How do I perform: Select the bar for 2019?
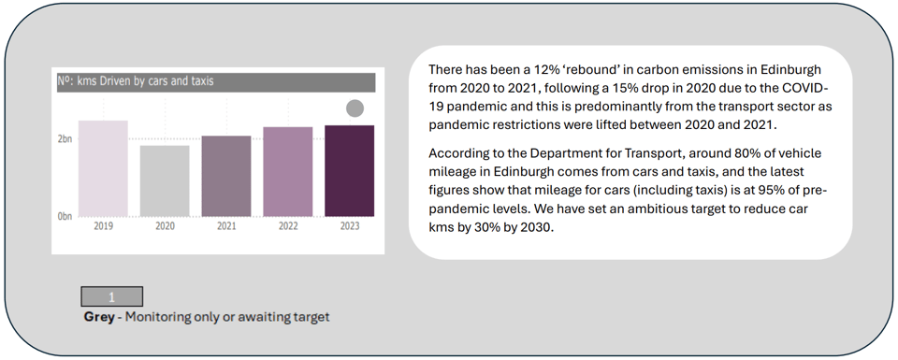click(103, 168)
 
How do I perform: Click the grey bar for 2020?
click(165, 180)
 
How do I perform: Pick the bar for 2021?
click(226, 177)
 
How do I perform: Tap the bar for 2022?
click(288, 172)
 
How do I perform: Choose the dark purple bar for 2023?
click(349, 171)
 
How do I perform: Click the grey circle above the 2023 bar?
click(355, 108)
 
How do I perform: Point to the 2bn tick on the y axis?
click(65, 139)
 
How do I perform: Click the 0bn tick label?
click(65, 216)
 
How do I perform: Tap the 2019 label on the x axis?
click(103, 226)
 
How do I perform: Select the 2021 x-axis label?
click(226, 226)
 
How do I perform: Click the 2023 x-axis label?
click(349, 226)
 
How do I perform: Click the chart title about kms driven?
click(135, 81)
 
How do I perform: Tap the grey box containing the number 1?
click(111, 296)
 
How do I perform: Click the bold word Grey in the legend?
click(99, 316)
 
